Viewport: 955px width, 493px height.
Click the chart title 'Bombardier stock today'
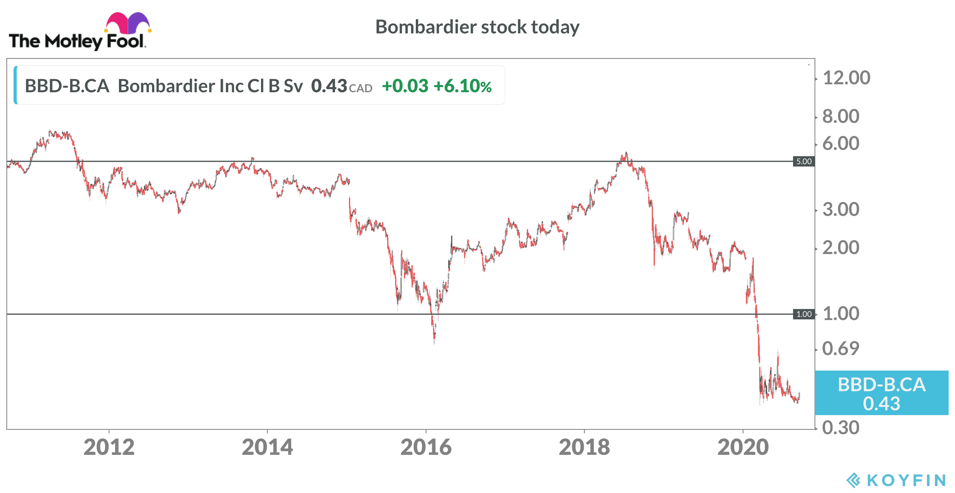[477, 27]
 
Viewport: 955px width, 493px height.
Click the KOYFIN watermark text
[906, 480]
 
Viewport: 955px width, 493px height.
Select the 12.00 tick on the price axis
[846, 78]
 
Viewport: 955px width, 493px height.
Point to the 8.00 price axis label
[841, 116]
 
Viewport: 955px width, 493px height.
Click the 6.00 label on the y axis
[841, 143]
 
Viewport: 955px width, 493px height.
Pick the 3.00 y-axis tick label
[841, 209]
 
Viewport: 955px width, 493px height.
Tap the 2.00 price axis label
[841, 248]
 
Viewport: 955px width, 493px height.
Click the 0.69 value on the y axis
[841, 348]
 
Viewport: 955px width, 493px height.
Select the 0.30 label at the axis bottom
[841, 427]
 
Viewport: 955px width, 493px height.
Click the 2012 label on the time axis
[109, 447]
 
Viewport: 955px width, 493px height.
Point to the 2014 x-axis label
[267, 447]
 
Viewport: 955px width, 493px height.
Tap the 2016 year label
[426, 447]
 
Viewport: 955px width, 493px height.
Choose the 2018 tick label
[584, 447]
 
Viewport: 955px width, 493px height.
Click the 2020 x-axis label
[743, 447]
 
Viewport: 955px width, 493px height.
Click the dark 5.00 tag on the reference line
[804, 161]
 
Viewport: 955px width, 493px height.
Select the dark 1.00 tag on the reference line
[804, 314]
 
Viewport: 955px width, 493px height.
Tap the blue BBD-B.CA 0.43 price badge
[881, 393]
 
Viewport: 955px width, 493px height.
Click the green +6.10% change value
[462, 86]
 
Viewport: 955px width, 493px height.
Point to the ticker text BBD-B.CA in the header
[67, 86]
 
